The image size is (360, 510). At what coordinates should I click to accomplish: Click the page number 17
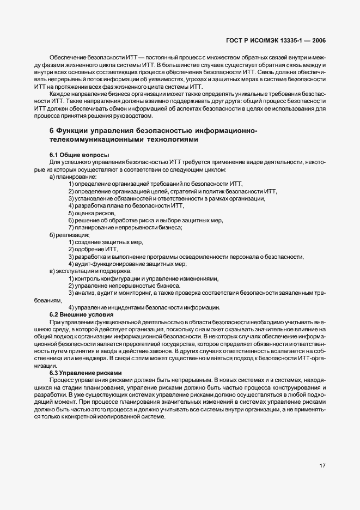(x=322, y=466)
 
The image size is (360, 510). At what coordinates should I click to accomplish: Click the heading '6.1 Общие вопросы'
(x=79, y=155)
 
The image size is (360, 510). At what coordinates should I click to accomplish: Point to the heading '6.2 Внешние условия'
(x=81, y=314)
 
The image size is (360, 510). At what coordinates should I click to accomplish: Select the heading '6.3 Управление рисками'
(x=86, y=372)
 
